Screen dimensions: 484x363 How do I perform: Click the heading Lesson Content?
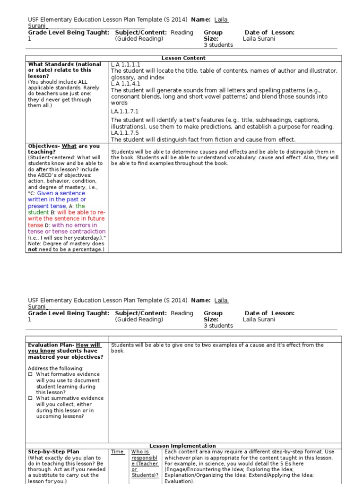coord(183,58)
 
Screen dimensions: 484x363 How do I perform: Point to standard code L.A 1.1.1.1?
coord(126,64)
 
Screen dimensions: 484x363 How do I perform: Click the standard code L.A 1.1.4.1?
coord(126,84)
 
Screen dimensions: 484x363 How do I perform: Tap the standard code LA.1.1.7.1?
coord(125,112)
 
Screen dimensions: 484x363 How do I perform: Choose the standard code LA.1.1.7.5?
coord(125,133)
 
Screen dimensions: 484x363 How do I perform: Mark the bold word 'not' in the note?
coord(33,249)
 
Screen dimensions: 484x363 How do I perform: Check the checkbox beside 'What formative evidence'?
coord(30,375)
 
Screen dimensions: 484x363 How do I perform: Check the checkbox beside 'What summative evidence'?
coord(30,398)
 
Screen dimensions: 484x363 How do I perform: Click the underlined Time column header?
coord(118,452)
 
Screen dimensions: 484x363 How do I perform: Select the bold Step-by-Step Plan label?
coord(53,452)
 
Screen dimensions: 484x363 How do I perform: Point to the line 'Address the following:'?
coord(55,369)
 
